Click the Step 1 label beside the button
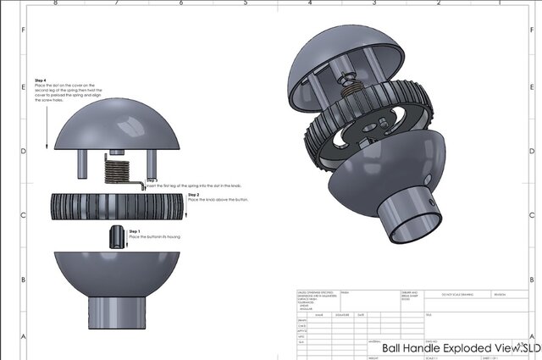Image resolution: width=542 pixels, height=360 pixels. coord(133,230)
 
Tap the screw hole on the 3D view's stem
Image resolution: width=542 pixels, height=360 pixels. coord(433,204)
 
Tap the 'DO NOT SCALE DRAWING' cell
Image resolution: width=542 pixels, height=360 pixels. coord(457,294)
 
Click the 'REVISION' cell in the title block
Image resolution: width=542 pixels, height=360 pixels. coord(505,294)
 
